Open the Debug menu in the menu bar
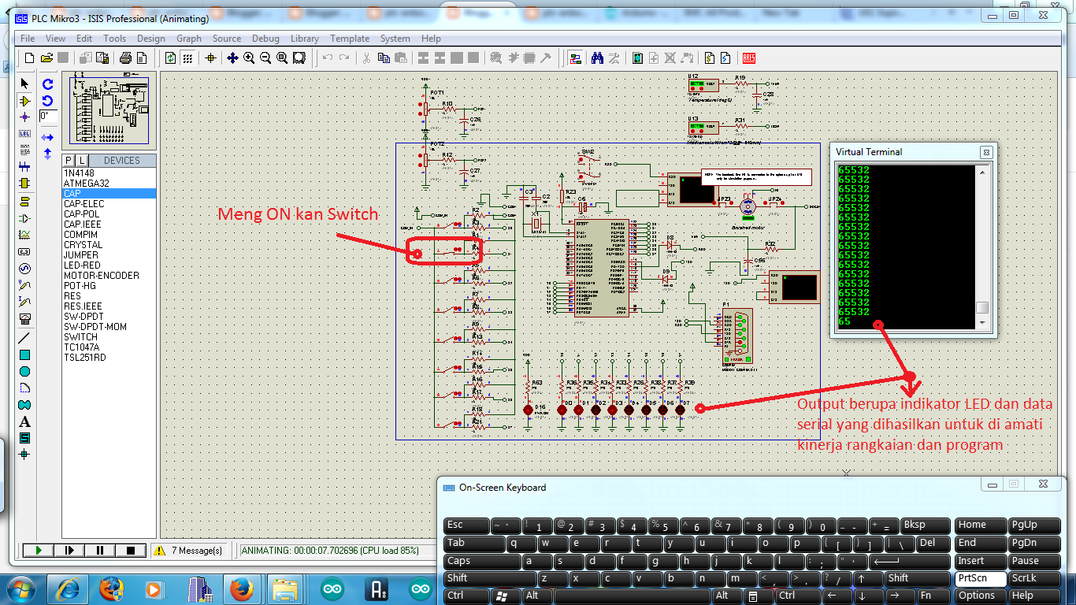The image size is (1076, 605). (x=265, y=39)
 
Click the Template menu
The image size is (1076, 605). (x=349, y=39)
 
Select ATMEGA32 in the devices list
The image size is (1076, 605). (x=87, y=184)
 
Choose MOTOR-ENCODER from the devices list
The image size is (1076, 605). (x=102, y=276)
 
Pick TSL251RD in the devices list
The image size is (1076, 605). (x=85, y=358)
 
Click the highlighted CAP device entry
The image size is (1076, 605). (x=72, y=194)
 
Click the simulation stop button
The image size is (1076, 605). (x=131, y=551)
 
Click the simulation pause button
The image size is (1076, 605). (x=100, y=551)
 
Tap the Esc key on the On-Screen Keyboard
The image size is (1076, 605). (x=466, y=525)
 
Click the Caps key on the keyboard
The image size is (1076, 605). (x=481, y=562)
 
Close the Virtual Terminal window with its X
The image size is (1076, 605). (x=985, y=152)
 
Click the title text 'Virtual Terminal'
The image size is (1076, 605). (x=869, y=152)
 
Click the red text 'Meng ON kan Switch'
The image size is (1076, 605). (x=298, y=214)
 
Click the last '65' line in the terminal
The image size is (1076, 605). (x=844, y=321)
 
